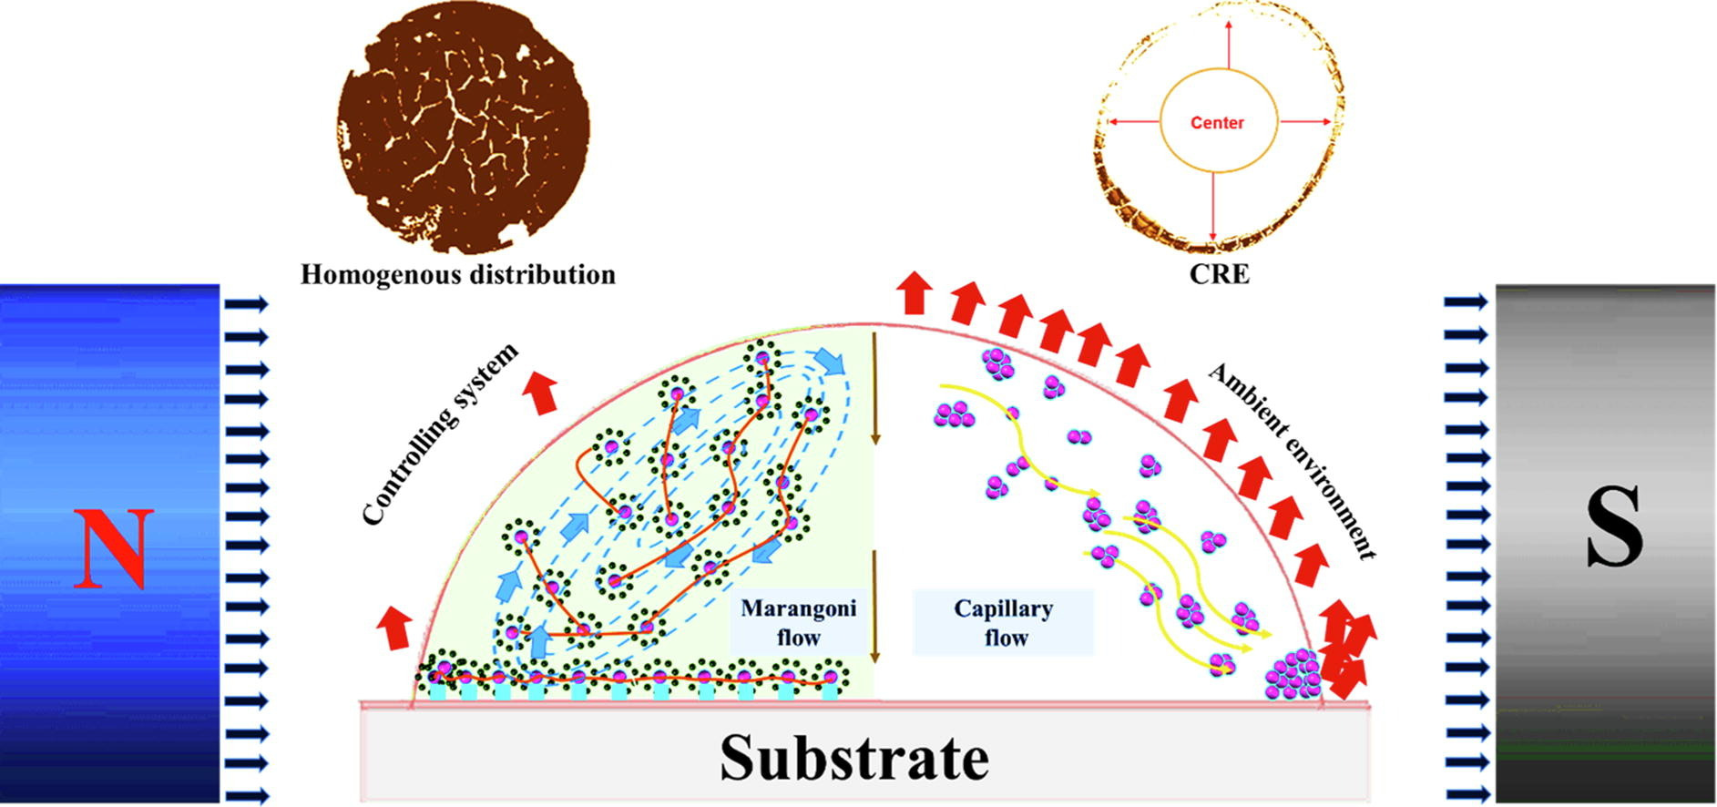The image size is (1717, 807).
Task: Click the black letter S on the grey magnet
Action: [x=1614, y=527]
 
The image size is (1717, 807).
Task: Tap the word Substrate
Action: [x=854, y=756]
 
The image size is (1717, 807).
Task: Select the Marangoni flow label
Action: [x=798, y=623]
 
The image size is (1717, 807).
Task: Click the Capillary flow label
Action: [x=1004, y=623]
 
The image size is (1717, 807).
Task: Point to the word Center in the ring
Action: [x=1217, y=122]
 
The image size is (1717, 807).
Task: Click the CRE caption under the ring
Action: [x=1219, y=274]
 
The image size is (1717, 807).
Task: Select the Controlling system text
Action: [x=440, y=434]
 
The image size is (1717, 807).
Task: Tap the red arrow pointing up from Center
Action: [x=1228, y=43]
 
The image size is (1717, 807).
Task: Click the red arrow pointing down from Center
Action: [x=1213, y=209]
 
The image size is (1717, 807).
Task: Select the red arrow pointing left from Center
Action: [x=1132, y=121]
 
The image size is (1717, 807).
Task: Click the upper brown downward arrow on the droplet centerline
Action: [x=875, y=389]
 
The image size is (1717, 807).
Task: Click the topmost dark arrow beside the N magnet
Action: [x=247, y=303]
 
